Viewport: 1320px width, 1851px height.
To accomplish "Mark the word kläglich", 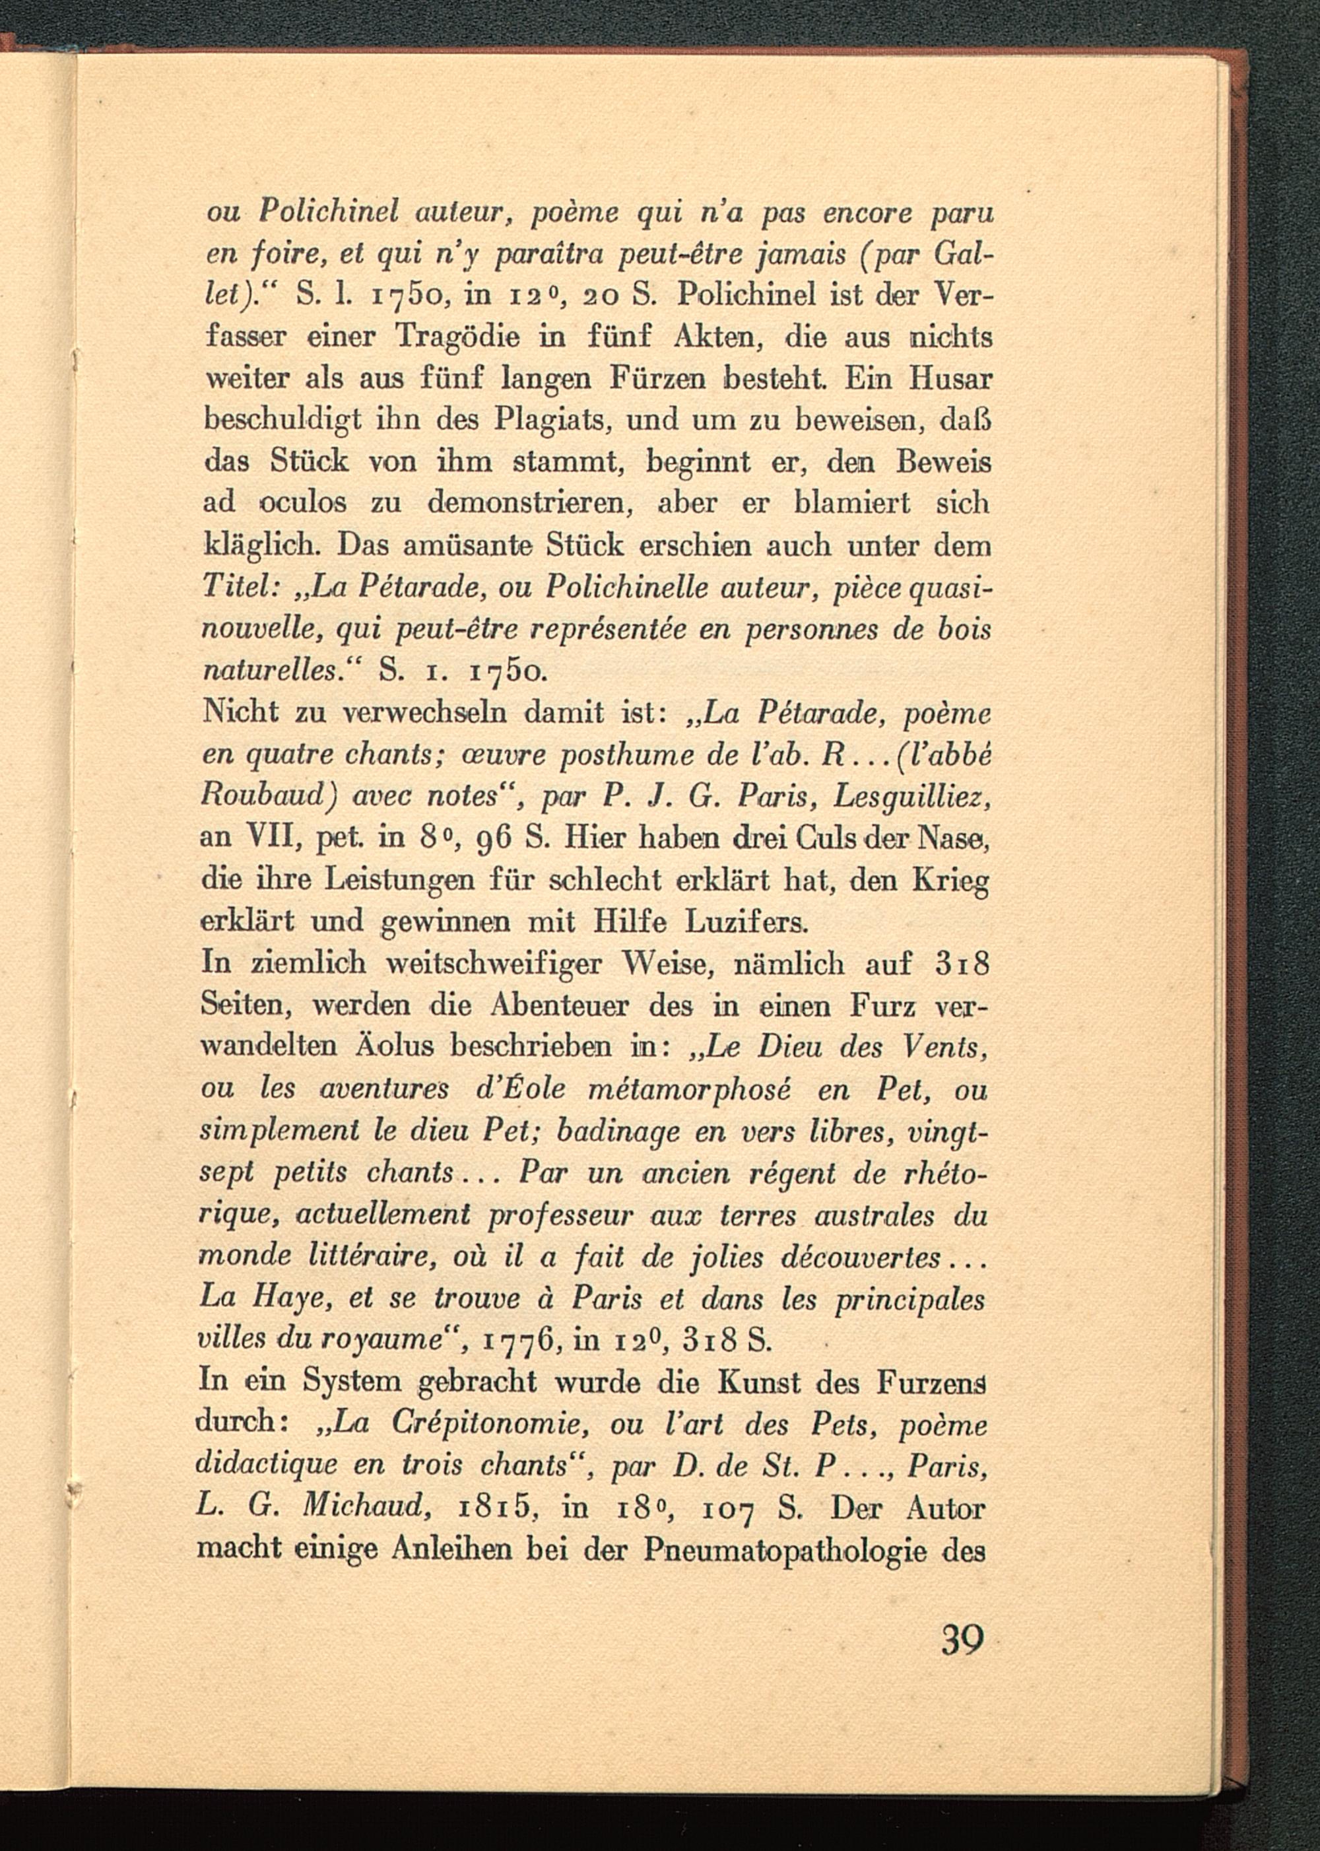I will click(260, 545).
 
